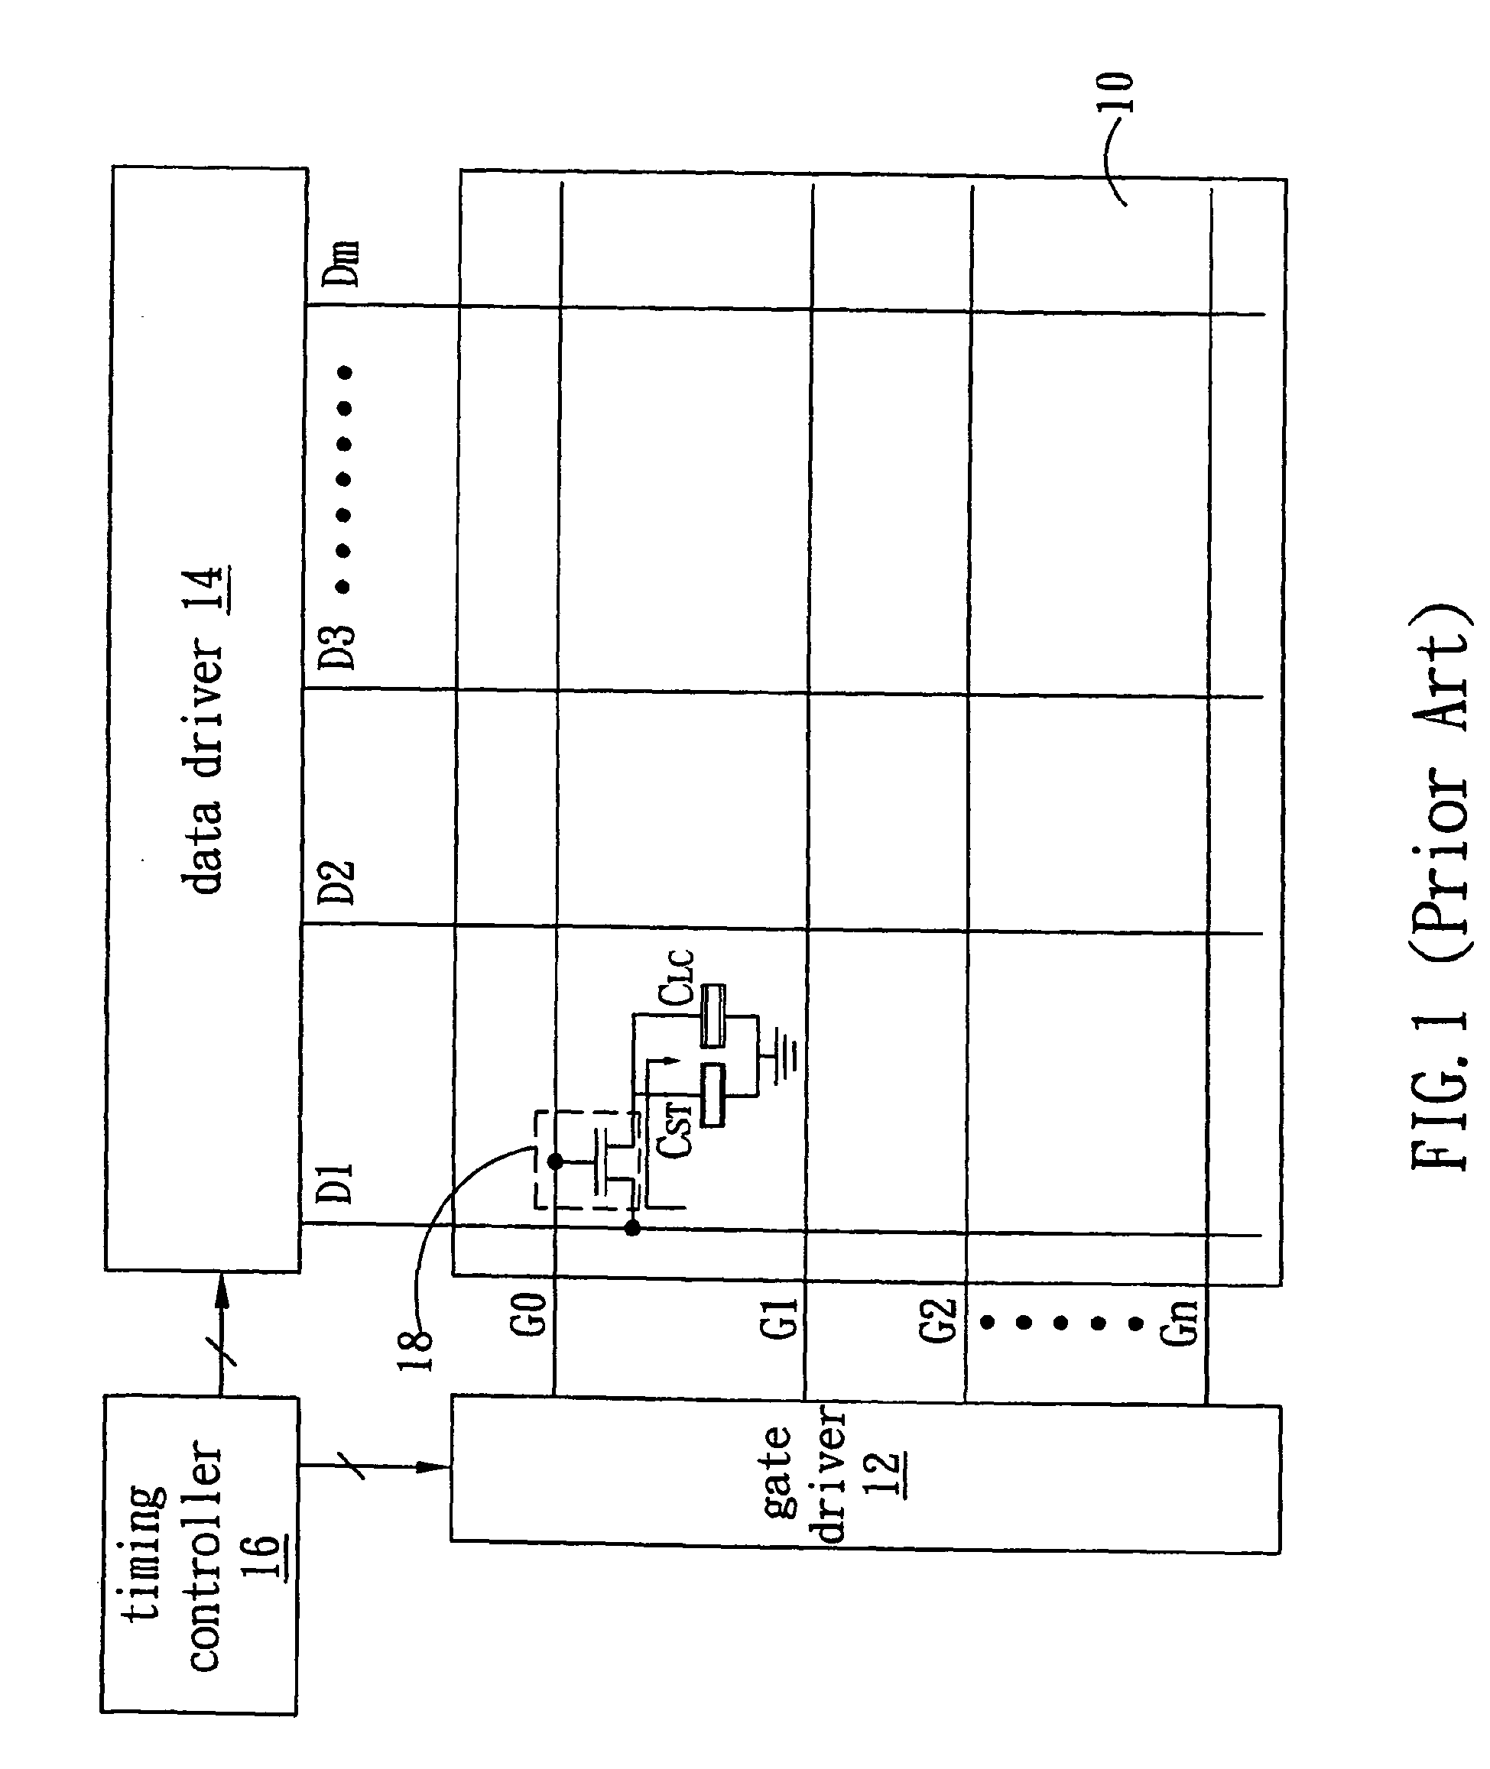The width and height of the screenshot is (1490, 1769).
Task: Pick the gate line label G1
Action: pos(779,1318)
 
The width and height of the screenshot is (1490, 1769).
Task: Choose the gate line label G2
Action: pos(939,1320)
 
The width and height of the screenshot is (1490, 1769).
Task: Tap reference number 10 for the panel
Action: pos(1115,93)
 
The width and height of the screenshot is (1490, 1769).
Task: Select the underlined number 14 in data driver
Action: pos(206,588)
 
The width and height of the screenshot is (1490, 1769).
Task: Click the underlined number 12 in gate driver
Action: pos(885,1473)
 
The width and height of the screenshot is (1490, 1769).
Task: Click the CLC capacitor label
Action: pos(676,977)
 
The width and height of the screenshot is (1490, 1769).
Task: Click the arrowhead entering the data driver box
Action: pos(222,1288)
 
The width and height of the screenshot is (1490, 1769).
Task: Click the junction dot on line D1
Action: pos(631,1229)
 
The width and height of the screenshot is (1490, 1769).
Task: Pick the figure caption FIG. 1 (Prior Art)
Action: pos(1442,886)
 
